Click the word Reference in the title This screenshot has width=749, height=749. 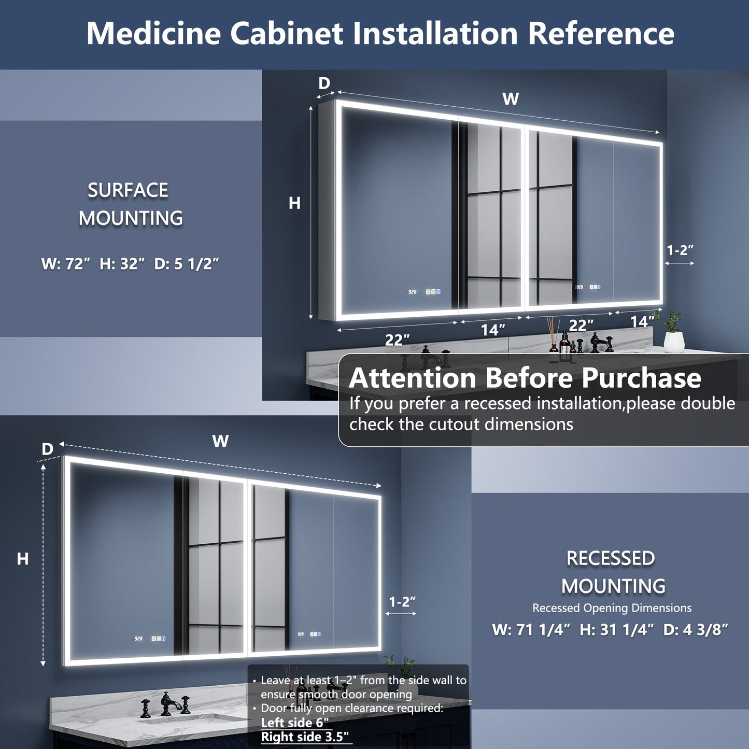click(x=601, y=33)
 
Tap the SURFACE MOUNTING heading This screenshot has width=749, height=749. click(x=129, y=204)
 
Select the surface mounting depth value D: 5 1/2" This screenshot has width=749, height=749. click(x=187, y=264)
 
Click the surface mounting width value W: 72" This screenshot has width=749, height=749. click(x=66, y=264)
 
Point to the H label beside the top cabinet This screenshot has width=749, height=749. click(x=294, y=203)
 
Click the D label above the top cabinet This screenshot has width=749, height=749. click(x=324, y=83)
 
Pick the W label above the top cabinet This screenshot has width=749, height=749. click(x=511, y=98)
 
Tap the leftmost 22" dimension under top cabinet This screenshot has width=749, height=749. click(x=397, y=340)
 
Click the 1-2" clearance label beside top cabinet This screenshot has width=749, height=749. click(x=680, y=250)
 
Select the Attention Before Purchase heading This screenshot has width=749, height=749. click(x=525, y=377)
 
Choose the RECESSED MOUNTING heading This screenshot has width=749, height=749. click(x=612, y=572)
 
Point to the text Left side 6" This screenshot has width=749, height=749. click(x=294, y=722)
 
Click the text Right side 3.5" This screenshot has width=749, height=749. click(x=305, y=737)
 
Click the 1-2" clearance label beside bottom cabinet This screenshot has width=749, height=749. click(x=402, y=602)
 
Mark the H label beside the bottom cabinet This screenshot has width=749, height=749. click(x=22, y=559)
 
